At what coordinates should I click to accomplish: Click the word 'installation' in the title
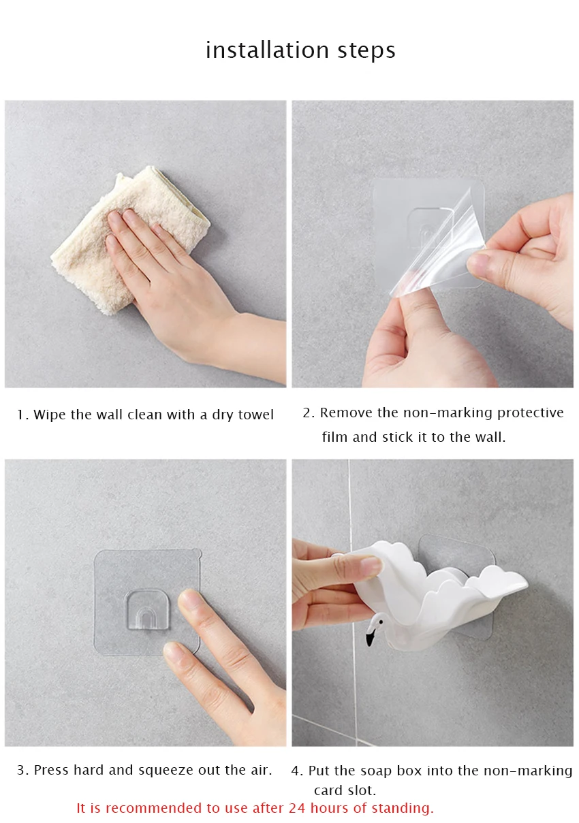267,50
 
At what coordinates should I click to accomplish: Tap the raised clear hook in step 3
148,610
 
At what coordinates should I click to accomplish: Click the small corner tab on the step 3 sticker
197,552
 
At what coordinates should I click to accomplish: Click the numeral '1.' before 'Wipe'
22,415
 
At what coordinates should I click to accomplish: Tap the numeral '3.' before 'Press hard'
22,770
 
